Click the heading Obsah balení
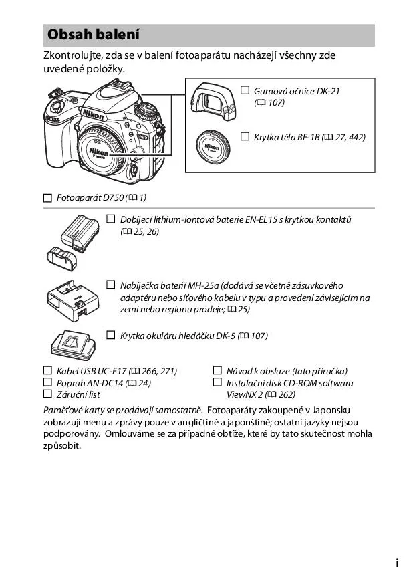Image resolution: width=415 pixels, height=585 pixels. [93, 35]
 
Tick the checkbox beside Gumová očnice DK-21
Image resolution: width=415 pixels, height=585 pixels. [245, 90]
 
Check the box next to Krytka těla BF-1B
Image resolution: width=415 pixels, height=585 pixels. [245, 137]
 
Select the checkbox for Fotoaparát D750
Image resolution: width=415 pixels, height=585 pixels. [47, 197]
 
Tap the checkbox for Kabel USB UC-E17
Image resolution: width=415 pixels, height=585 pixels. [47, 370]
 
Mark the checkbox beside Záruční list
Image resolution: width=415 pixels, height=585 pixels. [47, 394]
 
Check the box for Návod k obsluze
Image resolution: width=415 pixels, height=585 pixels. [217, 370]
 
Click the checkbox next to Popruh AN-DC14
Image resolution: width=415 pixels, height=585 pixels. [47, 382]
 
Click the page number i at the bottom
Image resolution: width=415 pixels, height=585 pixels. [397, 564]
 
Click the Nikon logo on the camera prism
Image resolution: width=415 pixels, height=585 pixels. [93, 115]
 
